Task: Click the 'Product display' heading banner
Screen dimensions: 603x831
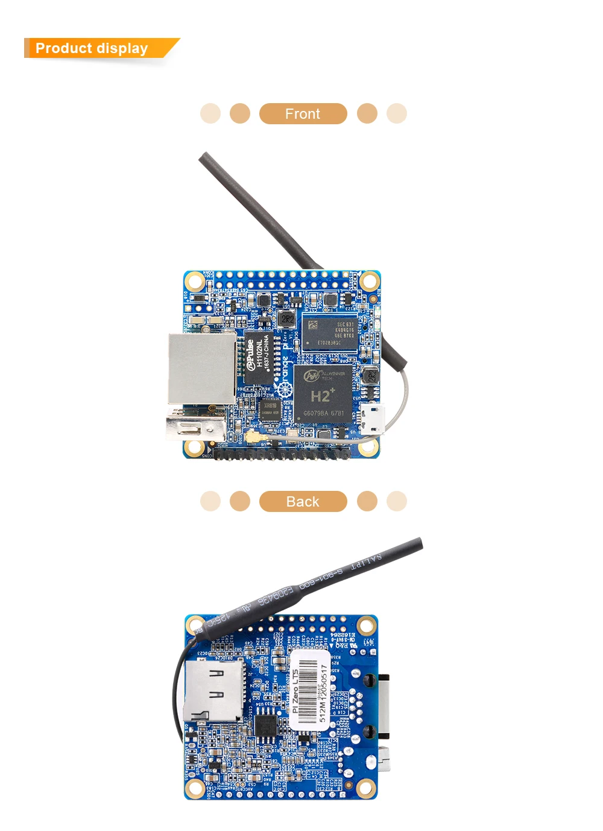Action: pos(96,48)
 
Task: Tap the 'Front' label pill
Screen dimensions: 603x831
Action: pos(303,113)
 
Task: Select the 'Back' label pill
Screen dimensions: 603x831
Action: pos(303,501)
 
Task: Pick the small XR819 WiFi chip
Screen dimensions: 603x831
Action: pos(270,409)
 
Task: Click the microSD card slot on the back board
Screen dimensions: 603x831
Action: pos(213,690)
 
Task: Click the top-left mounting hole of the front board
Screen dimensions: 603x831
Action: pos(194,280)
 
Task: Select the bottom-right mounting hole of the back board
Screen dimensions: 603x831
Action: pos(365,787)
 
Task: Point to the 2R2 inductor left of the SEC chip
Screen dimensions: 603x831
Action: pos(288,319)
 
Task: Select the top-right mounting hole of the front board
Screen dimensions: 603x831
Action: pos(369,280)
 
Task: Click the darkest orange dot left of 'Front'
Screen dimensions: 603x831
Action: pos(240,113)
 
